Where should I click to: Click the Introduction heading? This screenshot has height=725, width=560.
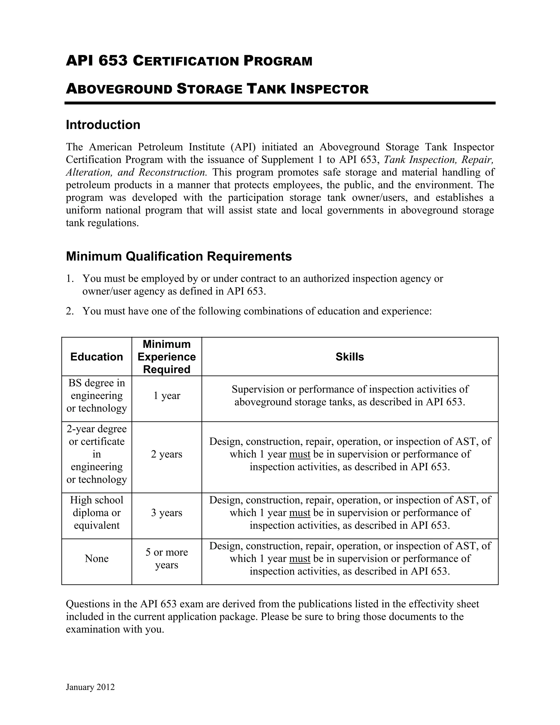(103, 125)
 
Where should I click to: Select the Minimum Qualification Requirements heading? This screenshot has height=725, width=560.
(179, 256)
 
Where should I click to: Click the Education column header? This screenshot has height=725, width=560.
(97, 356)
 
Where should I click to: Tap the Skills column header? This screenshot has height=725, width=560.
(350, 356)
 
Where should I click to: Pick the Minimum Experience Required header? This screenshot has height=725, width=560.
(167, 356)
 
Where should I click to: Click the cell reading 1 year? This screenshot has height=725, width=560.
(167, 395)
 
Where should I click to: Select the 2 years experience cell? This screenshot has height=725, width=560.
(167, 454)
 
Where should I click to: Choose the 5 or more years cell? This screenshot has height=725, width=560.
(167, 558)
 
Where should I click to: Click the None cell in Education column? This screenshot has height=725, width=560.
(97, 558)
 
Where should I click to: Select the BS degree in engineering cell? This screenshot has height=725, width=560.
(97, 395)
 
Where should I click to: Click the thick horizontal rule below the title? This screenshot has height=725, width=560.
(280, 103)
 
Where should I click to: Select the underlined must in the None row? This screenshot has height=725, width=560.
(300, 558)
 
